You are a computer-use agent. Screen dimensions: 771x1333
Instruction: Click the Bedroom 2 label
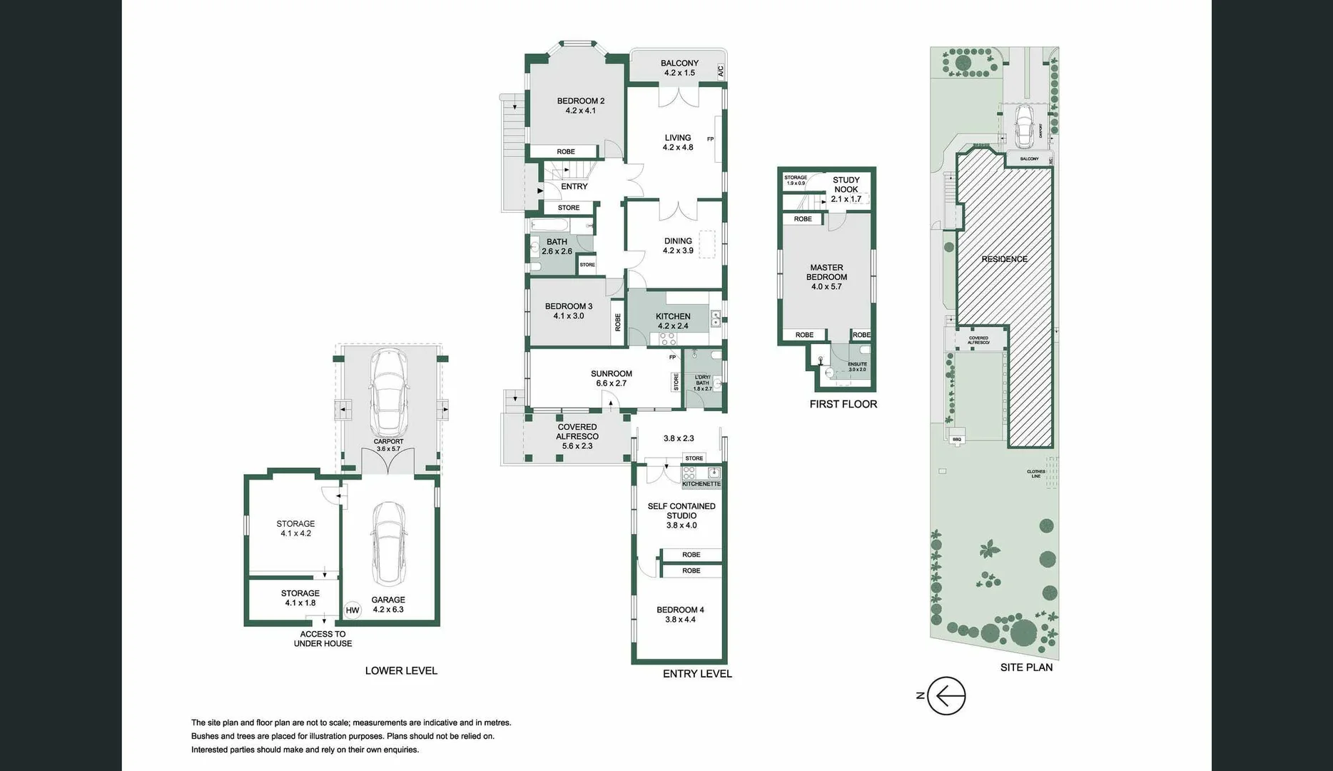pos(580,101)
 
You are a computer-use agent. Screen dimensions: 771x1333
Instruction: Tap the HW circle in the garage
pos(353,610)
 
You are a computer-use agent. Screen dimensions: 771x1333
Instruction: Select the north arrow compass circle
pos(946,695)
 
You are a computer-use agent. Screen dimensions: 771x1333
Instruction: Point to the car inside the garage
pos(388,543)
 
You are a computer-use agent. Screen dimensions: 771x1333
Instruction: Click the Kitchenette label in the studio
pos(701,484)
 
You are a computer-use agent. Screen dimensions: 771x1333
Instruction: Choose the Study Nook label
pos(846,185)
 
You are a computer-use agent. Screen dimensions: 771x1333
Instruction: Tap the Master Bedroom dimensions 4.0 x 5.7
pos(826,287)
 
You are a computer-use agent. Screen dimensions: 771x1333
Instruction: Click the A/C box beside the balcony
pos(720,71)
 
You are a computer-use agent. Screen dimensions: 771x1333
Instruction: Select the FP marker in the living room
pos(710,139)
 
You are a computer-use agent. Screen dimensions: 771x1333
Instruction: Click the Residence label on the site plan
pos(1004,259)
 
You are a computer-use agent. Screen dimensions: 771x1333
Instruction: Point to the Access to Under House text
pos(323,639)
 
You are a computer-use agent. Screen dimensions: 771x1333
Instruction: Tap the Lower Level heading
pos(401,670)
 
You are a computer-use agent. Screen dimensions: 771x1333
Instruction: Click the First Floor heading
pos(843,404)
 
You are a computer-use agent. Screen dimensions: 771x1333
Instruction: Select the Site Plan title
pos(1025,667)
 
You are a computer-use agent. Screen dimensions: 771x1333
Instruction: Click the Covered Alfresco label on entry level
pos(577,432)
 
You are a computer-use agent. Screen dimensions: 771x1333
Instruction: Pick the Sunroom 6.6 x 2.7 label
pos(611,378)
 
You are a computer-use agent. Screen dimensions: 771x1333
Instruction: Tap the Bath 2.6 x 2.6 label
pos(557,246)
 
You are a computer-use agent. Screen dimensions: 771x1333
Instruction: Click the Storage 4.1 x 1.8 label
pos(300,598)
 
